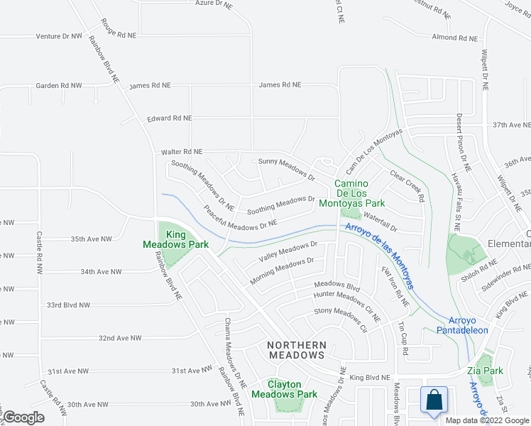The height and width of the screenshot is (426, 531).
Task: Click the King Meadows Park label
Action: [x=187, y=239]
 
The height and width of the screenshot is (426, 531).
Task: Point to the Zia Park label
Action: [x=489, y=371]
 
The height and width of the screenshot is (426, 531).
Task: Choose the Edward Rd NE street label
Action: [x=169, y=119]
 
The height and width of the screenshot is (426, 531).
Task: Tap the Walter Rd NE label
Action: [x=182, y=152]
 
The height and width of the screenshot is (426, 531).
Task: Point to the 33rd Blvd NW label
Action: [x=68, y=305]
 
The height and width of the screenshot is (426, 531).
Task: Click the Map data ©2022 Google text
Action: [x=487, y=420]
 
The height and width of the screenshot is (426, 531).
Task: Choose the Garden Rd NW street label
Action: [x=59, y=85]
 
